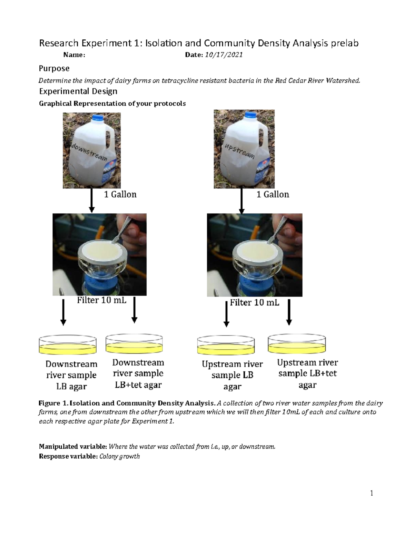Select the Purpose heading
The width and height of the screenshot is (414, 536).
coord(54,68)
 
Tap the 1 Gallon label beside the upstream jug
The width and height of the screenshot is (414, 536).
coord(273,195)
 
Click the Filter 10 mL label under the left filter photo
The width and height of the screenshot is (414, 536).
coord(101,300)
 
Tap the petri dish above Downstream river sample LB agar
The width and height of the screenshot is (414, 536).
coord(68,345)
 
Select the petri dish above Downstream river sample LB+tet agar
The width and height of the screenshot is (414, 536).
coord(134,344)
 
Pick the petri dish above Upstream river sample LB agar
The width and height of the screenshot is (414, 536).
coord(226,345)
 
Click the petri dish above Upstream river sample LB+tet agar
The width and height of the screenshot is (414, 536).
coord(297,343)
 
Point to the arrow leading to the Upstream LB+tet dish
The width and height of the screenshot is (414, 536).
coord(289,312)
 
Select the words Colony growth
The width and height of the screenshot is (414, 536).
coord(119,456)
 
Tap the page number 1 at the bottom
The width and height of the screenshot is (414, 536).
coord(372,493)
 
